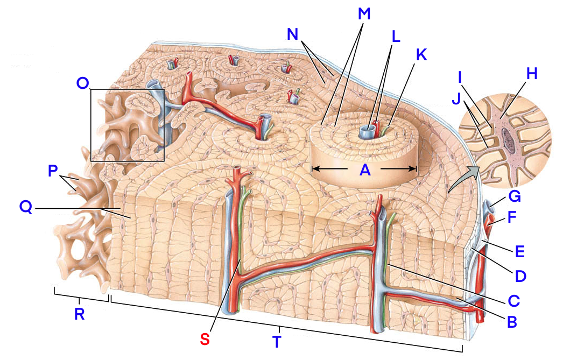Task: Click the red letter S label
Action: coord(205,339)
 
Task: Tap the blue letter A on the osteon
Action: coord(365,170)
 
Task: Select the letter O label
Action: coord(83,83)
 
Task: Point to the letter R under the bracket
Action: coord(79,315)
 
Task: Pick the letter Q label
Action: coord(26,207)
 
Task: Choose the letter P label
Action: coord(52,171)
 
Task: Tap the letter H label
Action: coord(532,74)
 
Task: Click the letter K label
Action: coord(421,54)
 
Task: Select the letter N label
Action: coord(293,34)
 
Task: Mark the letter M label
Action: coord(364,15)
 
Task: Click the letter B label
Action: coord(511,322)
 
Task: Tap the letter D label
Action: coord(520,276)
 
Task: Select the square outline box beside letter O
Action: coord(127,125)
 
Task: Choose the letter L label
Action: coord(396,37)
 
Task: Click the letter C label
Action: coord(513,298)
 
